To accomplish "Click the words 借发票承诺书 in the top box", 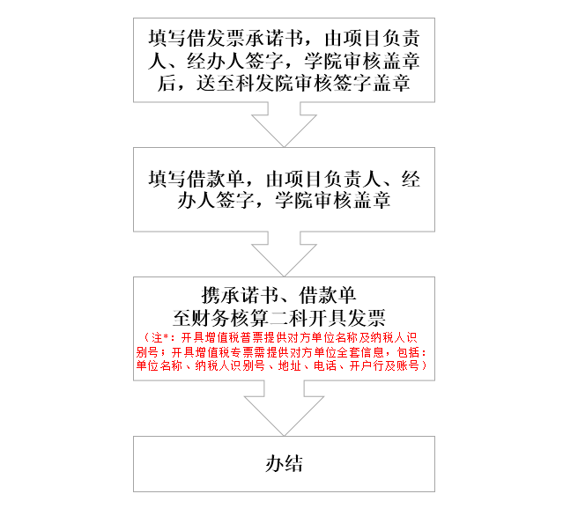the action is click(245, 39).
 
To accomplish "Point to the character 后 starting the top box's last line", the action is click(167, 84).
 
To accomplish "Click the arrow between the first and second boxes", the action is click(284, 124).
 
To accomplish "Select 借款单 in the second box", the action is click(216, 179).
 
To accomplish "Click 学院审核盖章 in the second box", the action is click(333, 200).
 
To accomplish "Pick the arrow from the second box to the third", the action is click(284, 254).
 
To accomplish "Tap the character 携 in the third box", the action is click(211, 296).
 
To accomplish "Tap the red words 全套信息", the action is click(360, 352).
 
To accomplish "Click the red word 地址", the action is click(289, 366).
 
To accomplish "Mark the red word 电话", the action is click(325, 366).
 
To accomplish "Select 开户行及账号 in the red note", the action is click(384, 366).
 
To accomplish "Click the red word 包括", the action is click(408, 352).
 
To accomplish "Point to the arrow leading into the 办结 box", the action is click(284, 409).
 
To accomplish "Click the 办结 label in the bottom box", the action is click(284, 464).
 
